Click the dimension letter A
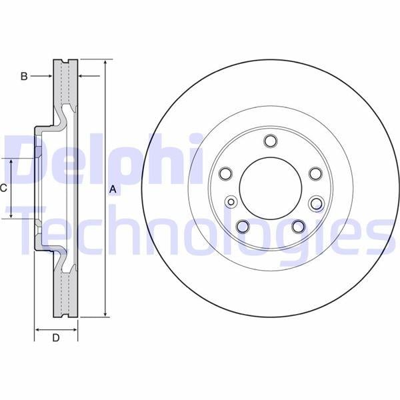113,189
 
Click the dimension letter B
24,76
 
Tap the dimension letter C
3,188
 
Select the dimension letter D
56,338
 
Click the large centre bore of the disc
271,189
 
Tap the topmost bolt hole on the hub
271,141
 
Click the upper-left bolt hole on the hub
225,173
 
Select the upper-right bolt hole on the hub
315,173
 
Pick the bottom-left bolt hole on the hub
243,226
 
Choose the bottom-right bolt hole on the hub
298,226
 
